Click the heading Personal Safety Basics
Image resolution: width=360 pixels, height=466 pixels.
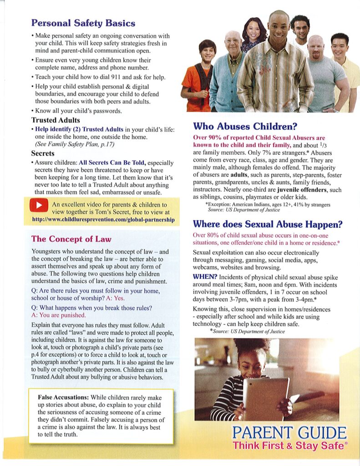coord(83,23)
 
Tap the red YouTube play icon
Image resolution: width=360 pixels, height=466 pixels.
coord(39,206)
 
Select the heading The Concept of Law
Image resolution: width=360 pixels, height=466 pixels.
coord(71,239)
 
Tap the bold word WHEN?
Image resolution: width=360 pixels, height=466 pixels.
coord(205,277)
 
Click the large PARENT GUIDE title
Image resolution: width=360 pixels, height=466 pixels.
coord(289,433)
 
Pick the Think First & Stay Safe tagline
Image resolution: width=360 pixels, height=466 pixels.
coord(288,446)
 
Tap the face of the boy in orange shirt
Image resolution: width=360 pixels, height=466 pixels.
coord(208,51)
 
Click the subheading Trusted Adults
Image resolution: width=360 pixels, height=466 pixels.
coord(56,120)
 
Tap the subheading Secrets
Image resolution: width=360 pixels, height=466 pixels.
coord(43,153)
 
